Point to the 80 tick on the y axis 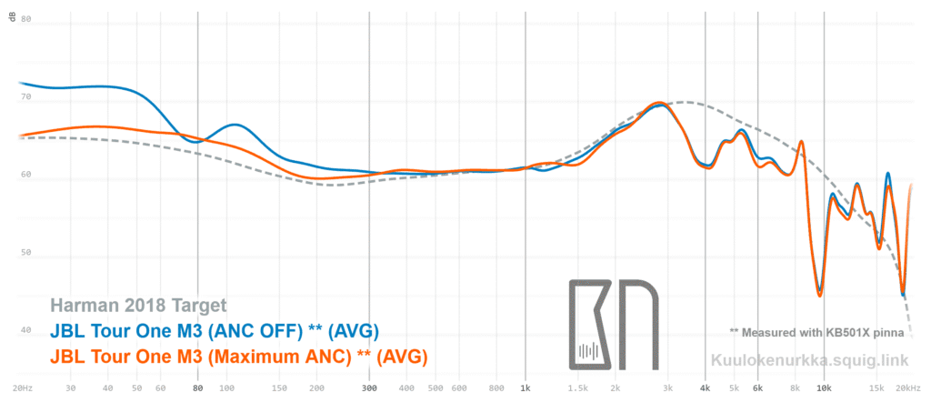pyautogui.click(x=25, y=19)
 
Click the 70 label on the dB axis pyautogui.click(x=25, y=97)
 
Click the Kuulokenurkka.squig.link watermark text pyautogui.click(x=809, y=359)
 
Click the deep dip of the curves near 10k pyautogui.click(x=819, y=294)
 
